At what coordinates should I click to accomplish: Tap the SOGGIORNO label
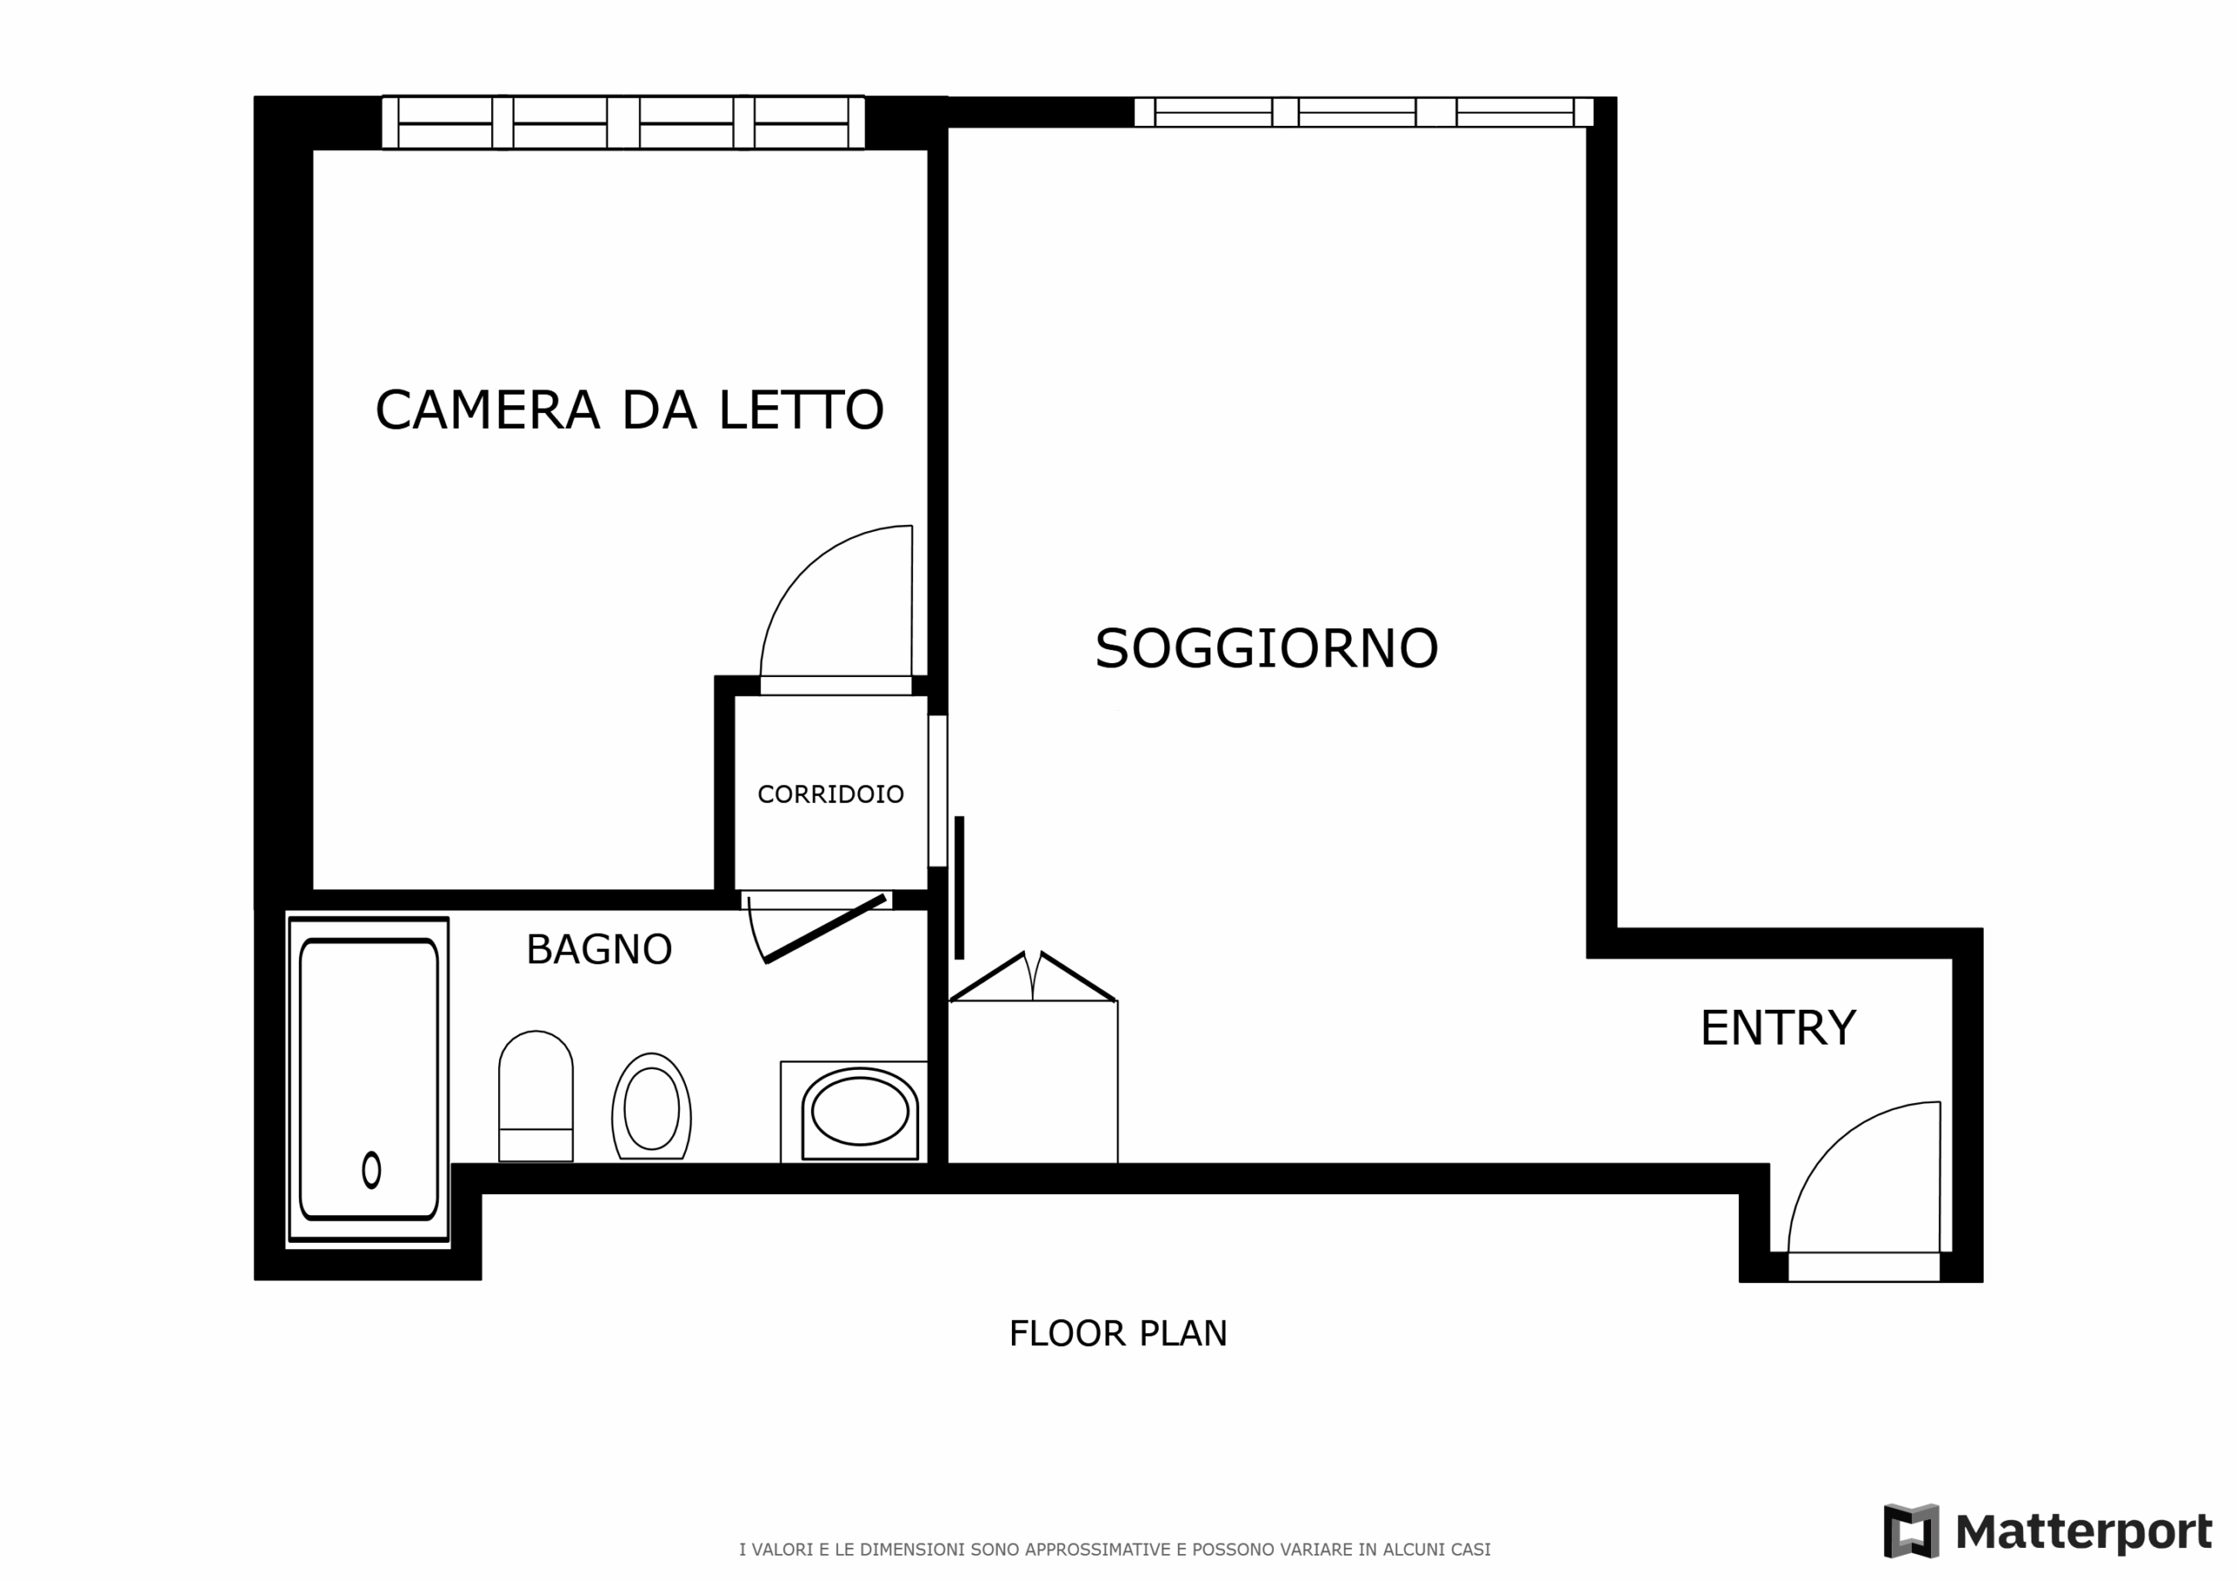pos(1266,649)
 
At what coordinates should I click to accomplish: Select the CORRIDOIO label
pos(830,795)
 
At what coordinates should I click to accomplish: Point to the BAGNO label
pos(599,949)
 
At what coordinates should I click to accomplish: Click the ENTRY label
pos(1778,1029)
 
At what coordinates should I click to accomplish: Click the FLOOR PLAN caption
pos(1118,1334)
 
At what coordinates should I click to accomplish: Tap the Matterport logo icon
pos(1910,1530)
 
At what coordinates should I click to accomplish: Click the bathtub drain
pos(371,1170)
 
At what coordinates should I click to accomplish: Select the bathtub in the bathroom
pos(368,1079)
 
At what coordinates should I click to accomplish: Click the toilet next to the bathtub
pos(536,1096)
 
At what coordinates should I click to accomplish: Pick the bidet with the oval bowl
pos(651,1107)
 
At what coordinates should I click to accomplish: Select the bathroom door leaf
pos(825,929)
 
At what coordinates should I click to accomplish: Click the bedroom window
pos(624,123)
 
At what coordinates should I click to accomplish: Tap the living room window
pos(1364,112)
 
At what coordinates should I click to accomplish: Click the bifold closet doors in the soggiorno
pos(1033,977)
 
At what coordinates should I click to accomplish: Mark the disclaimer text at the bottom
pos(1115,1550)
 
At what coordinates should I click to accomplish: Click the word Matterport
pos(2084,1532)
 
